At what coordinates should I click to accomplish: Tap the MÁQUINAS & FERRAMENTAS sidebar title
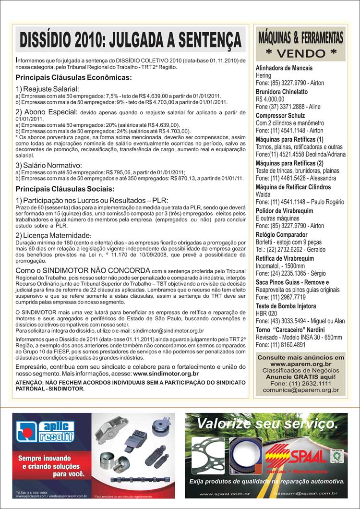[x=301, y=37]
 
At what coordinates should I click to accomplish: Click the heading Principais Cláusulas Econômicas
[x=73, y=77]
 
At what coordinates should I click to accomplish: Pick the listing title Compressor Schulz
[x=280, y=116]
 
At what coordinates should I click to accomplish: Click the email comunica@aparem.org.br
[x=301, y=390]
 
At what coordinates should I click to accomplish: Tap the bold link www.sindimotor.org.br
[x=166, y=373]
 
